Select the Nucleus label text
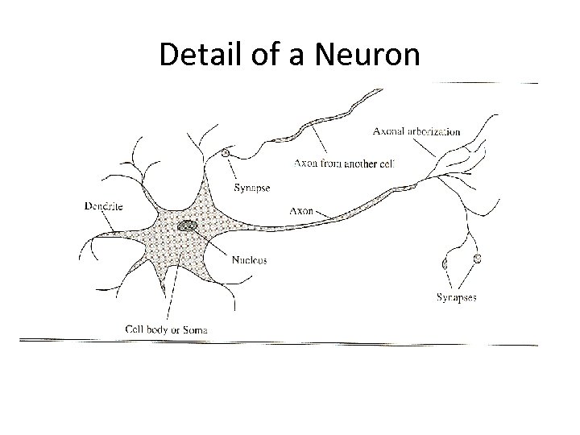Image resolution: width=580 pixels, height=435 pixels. tap(249, 260)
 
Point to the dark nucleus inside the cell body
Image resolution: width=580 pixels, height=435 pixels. tap(188, 226)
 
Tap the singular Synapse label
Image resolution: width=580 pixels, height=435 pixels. tap(252, 188)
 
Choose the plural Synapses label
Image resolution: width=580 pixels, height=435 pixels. tap(456, 297)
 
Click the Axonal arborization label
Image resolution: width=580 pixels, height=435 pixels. tap(417, 130)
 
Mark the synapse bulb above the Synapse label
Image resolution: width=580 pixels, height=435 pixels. tap(226, 152)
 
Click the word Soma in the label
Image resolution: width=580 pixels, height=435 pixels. tap(194, 329)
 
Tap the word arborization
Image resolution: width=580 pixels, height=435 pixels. tap(435, 130)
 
